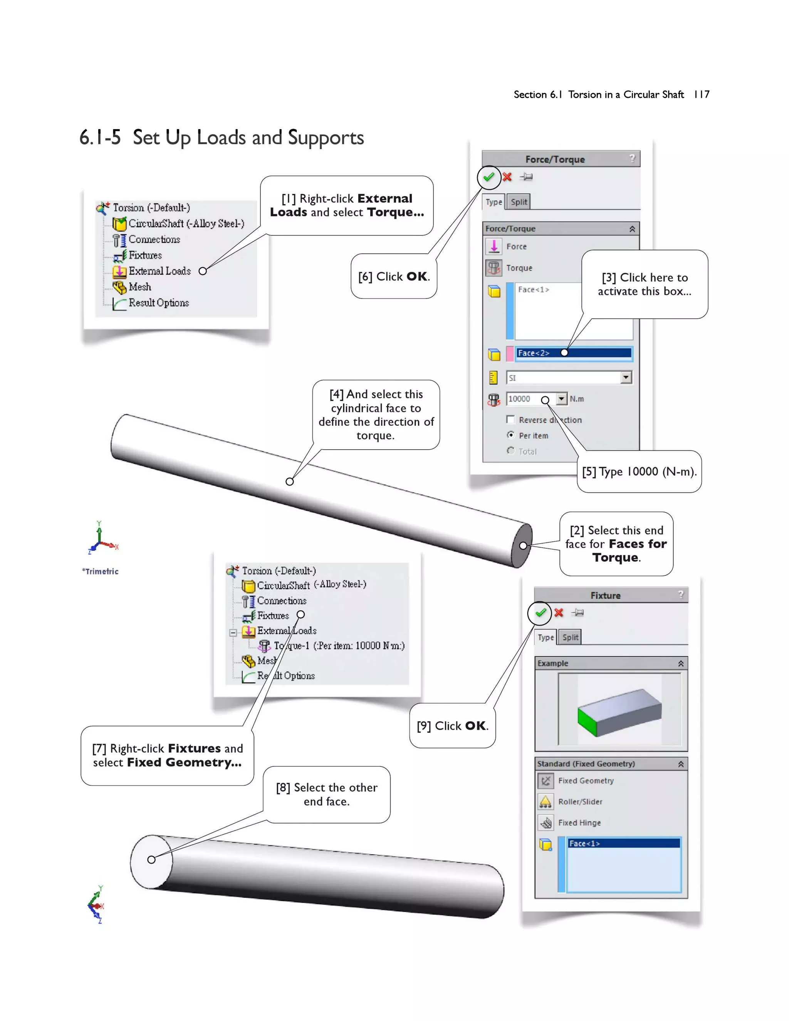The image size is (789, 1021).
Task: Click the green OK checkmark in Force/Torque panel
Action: (489, 177)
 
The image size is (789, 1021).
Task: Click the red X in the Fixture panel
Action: (559, 613)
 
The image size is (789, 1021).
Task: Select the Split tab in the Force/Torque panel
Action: (519, 202)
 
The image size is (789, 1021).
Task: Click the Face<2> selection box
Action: (574, 353)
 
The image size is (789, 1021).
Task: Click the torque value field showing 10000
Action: (530, 399)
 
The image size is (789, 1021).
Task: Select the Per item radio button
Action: (510, 435)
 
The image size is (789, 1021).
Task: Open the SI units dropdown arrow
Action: (626, 377)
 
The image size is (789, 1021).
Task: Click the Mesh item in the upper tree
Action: (139, 287)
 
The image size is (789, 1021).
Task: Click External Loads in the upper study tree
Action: (159, 271)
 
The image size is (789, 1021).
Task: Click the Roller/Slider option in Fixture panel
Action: (579, 802)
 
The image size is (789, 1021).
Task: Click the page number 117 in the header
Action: (701, 94)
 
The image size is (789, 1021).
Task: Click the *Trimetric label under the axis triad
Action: (101, 571)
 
